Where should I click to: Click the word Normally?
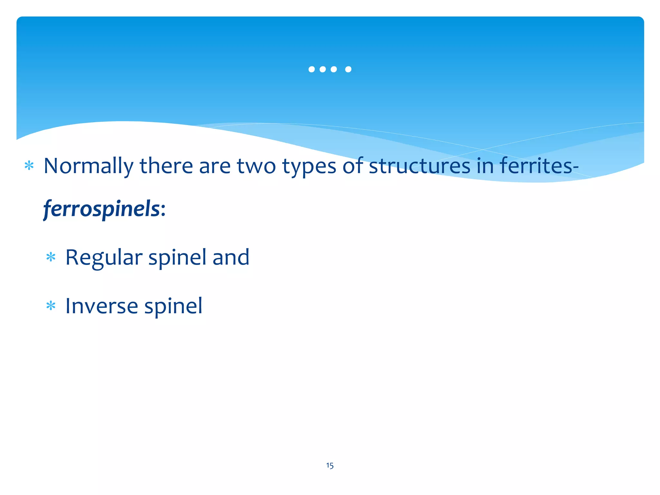88,167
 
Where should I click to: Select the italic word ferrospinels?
102,209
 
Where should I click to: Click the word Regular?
104,258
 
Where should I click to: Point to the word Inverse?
102,306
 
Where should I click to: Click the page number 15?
330,465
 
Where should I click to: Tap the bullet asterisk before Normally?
29,166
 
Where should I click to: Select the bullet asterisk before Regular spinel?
51,257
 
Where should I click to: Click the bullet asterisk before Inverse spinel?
51,306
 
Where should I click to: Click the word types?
309,167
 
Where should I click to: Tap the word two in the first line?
256,166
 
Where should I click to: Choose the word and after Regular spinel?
231,257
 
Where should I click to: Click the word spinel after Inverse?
173,306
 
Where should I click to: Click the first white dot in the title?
311,69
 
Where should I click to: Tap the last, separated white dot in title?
348,69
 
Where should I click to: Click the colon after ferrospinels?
163,210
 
